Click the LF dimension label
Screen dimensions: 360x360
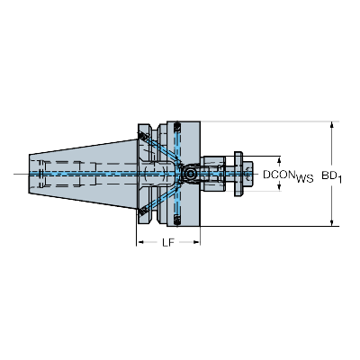168,244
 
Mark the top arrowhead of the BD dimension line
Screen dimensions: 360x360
332,123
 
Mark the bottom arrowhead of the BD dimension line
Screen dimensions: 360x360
332,221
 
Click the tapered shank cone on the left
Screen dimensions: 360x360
81,172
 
